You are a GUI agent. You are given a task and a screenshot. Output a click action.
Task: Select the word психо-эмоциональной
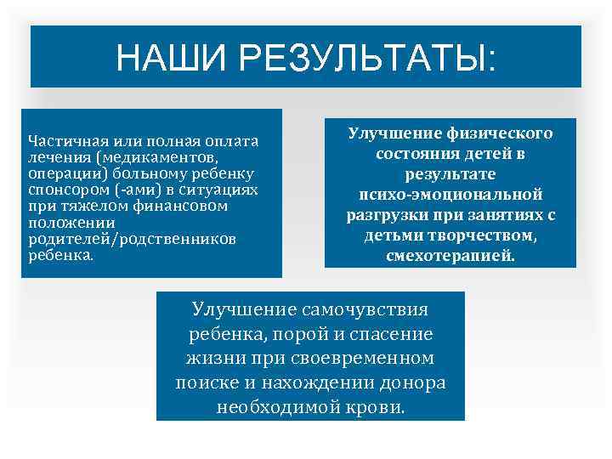450,195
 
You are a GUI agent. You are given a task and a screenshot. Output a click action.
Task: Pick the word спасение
392,333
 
